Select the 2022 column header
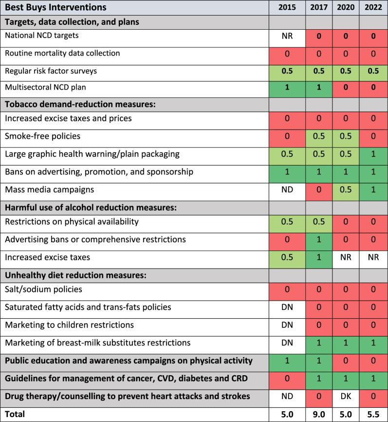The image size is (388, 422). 373,8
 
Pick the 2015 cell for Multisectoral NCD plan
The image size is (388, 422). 287,88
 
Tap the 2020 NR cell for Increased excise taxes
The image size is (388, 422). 346,257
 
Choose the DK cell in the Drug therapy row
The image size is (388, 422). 346,396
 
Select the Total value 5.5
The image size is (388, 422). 373,414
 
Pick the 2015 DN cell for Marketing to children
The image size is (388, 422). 287,325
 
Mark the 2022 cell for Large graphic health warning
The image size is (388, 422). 373,154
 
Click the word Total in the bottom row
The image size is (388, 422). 14,414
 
